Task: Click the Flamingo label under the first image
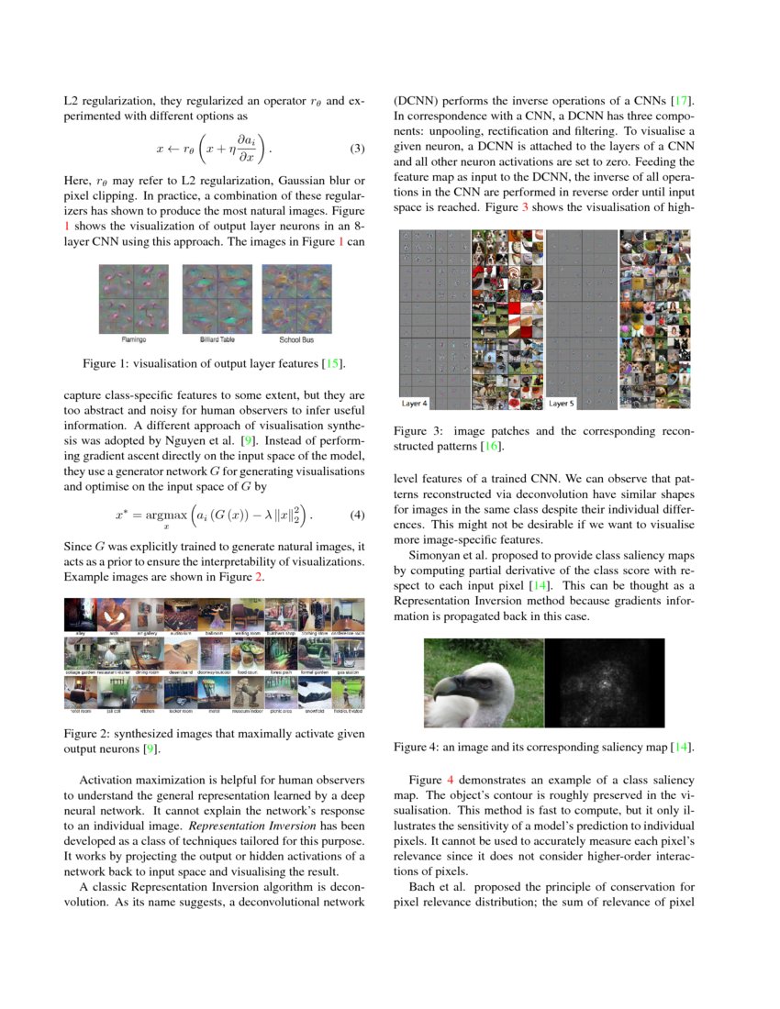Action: click(x=134, y=339)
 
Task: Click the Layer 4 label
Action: click(x=416, y=403)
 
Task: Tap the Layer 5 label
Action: click(x=562, y=403)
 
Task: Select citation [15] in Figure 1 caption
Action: click(x=331, y=365)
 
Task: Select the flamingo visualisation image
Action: click(x=134, y=298)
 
